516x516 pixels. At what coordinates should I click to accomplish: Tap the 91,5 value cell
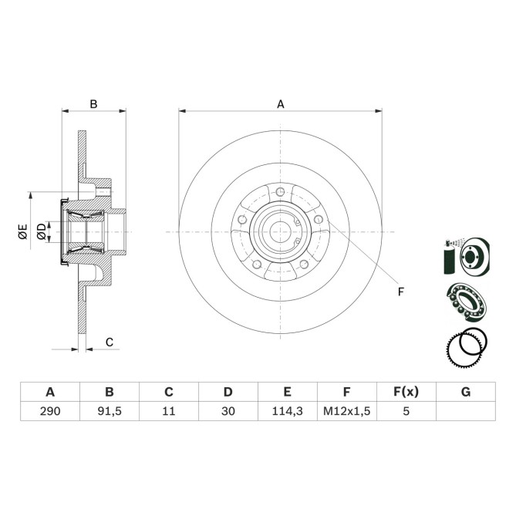coord(110,412)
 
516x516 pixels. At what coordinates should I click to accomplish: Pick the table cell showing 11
coord(169,412)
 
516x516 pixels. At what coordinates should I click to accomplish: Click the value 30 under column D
coord(228,412)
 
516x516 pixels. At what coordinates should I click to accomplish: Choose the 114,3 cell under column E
coord(287,412)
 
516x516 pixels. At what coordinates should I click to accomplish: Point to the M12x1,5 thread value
coord(346,412)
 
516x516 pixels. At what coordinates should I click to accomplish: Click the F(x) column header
coord(406,392)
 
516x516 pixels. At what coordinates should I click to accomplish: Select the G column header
coord(465,392)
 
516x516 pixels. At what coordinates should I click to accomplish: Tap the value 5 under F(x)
coord(406,412)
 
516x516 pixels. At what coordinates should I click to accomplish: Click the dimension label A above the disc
coord(281,103)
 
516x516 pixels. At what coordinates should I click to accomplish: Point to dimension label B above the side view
coord(93,103)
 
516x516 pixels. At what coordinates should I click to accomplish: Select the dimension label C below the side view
coord(110,342)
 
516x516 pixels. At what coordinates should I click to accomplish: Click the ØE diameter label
coord(23,231)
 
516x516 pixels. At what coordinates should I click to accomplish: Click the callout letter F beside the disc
coord(400,291)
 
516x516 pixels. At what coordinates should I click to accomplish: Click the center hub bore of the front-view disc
coord(281,231)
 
